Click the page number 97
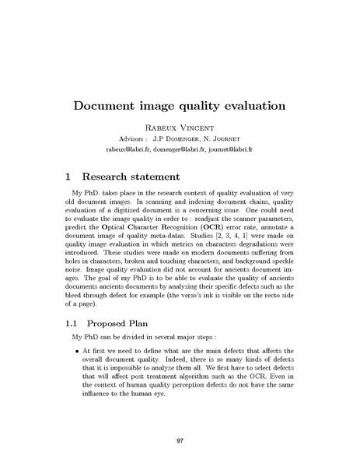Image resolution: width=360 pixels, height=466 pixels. tap(180, 442)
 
